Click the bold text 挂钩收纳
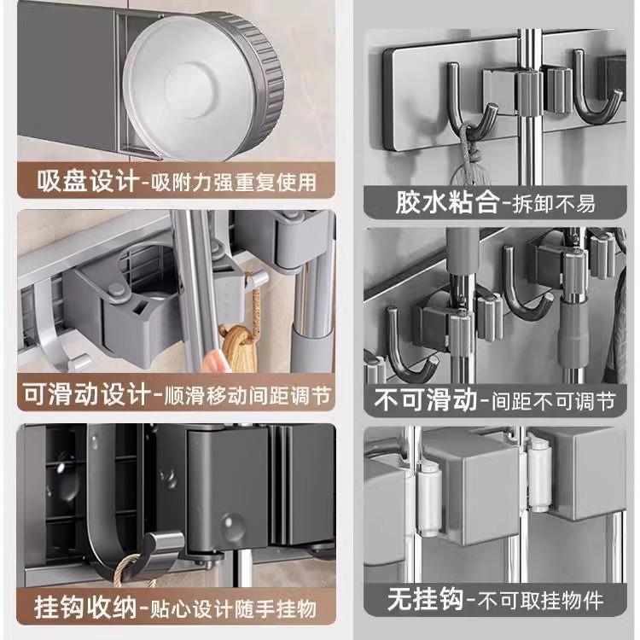tap(84, 609)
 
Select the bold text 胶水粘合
tap(434, 203)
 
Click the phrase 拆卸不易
tap(550, 203)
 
